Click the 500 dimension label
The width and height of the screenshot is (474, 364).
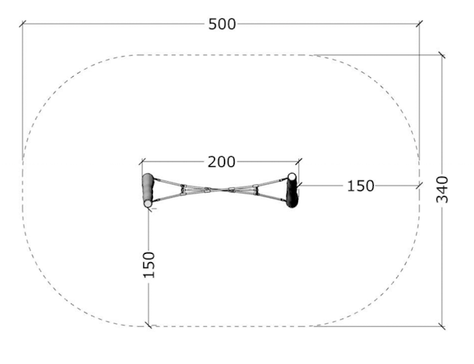pyautogui.click(x=222, y=24)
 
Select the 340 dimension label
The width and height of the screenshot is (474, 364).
pyautogui.click(x=442, y=189)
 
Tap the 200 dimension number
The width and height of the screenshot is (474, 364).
pyautogui.click(x=221, y=162)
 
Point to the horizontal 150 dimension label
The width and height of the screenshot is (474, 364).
pyautogui.click(x=360, y=186)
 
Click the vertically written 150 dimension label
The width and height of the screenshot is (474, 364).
pyautogui.click(x=149, y=265)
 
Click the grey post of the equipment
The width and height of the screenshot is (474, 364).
pyautogui.click(x=148, y=190)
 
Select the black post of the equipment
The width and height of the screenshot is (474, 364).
pyautogui.click(x=292, y=191)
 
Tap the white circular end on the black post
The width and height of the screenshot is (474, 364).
pyautogui.click(x=292, y=176)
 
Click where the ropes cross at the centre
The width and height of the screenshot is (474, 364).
pyautogui.click(x=220, y=190)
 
